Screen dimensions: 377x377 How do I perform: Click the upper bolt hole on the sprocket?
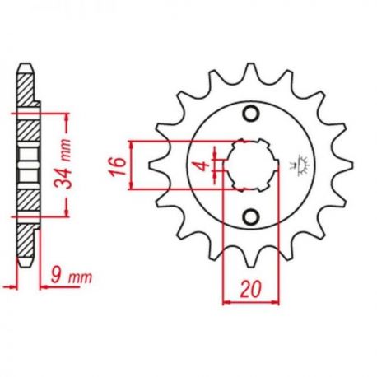pyautogui.click(x=250, y=114)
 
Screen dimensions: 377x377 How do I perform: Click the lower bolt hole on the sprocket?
pyautogui.click(x=250, y=216)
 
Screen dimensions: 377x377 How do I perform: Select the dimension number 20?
pyautogui.click(x=249, y=289)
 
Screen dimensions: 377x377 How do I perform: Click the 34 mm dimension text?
pyautogui.click(x=63, y=164)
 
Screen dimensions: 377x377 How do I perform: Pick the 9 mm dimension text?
pyautogui.click(x=72, y=277)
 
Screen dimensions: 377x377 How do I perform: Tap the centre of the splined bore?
pyautogui.click(x=251, y=165)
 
